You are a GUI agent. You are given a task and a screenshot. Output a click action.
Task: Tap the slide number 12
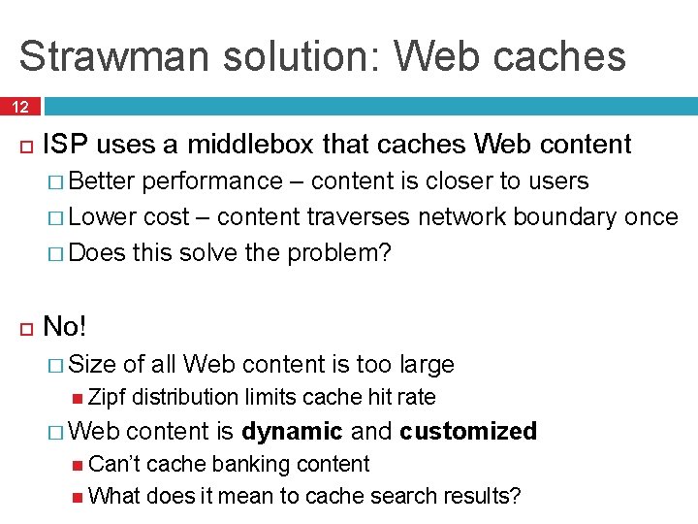(x=20, y=106)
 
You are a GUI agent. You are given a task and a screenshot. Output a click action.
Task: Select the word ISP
(x=65, y=145)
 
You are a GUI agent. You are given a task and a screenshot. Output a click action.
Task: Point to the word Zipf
(x=107, y=397)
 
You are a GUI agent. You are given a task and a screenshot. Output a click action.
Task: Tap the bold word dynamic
(x=292, y=431)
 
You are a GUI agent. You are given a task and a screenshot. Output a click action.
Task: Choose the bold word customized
(x=467, y=431)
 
